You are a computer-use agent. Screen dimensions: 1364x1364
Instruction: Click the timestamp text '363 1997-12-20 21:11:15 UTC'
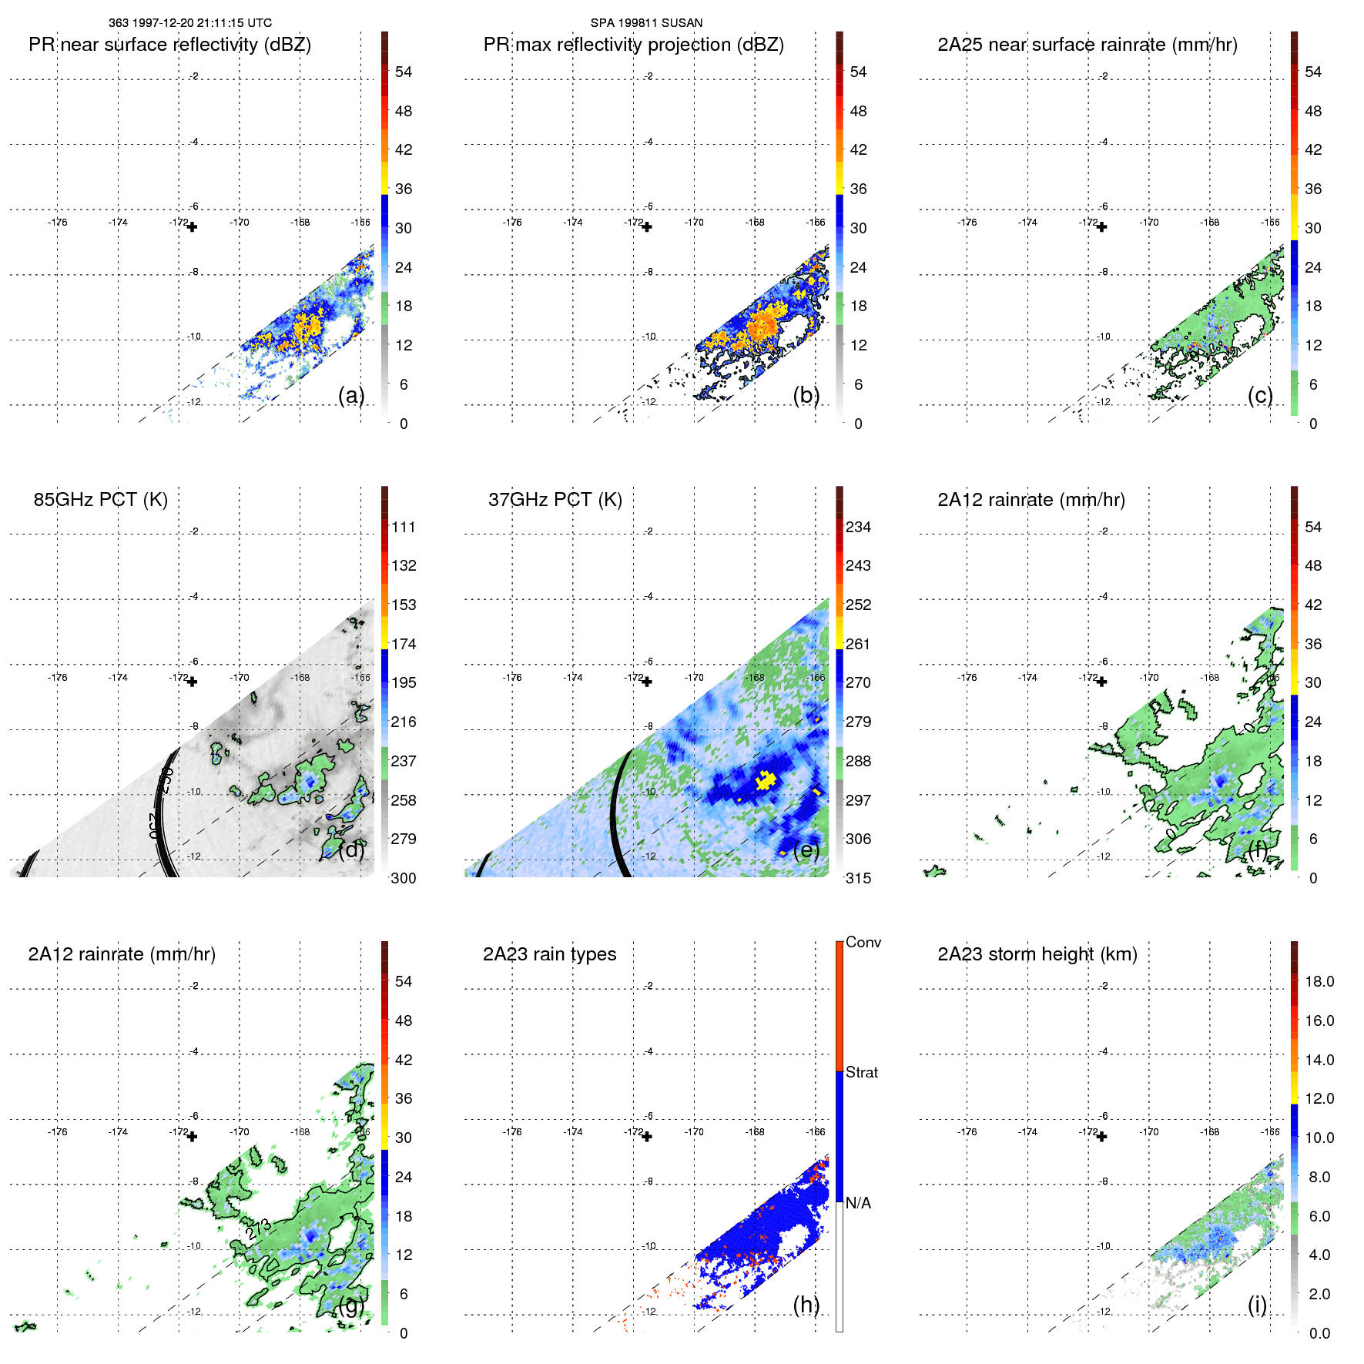(189, 23)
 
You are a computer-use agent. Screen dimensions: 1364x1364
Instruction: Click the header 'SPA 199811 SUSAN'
(646, 23)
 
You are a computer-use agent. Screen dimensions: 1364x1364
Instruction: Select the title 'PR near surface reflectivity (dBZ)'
(169, 45)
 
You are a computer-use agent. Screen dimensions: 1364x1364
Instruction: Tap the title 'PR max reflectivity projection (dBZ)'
(633, 45)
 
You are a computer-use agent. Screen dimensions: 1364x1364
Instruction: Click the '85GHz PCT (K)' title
(100, 500)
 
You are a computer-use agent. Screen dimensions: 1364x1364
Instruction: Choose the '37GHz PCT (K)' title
(555, 500)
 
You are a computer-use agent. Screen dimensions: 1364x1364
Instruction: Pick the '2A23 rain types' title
(549, 954)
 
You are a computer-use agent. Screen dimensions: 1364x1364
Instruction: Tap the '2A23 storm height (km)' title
(1037, 954)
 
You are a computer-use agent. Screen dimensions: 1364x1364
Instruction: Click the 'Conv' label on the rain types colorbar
(863, 943)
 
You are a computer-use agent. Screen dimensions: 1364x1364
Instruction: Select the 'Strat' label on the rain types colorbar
(861, 1073)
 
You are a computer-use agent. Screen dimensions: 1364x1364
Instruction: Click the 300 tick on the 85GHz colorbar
(403, 878)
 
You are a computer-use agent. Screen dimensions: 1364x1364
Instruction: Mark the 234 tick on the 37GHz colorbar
(858, 528)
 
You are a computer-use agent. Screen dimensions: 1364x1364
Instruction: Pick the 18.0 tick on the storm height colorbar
(1319, 982)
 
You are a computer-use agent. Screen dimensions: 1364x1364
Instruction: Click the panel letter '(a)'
(351, 396)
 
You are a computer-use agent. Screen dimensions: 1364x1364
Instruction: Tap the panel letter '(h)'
(806, 1305)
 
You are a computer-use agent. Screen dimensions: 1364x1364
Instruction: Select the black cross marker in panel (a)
(192, 227)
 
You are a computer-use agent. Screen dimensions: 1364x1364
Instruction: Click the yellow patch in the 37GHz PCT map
(765, 780)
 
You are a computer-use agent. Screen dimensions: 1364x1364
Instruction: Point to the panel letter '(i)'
(1257, 1305)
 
